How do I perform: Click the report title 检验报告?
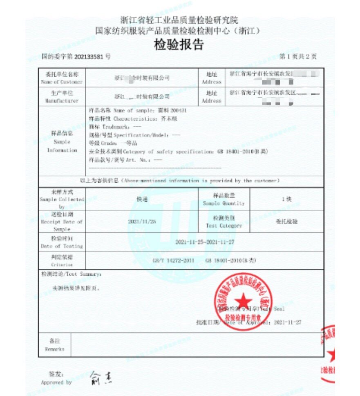tap(179, 44)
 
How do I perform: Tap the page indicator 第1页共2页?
tap(298, 56)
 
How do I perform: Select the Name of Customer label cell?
tap(62, 78)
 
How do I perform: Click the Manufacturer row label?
tap(62, 96)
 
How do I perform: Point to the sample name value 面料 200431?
tap(172, 110)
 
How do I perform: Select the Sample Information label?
tap(62, 142)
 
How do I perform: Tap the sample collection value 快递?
tap(142, 199)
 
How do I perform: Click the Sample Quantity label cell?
tap(224, 199)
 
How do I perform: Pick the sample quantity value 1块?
tap(286, 199)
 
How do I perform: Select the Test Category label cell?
tap(224, 221)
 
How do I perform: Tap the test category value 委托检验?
tap(286, 221)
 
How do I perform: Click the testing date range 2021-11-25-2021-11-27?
tap(205, 242)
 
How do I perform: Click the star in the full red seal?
tap(244, 301)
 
